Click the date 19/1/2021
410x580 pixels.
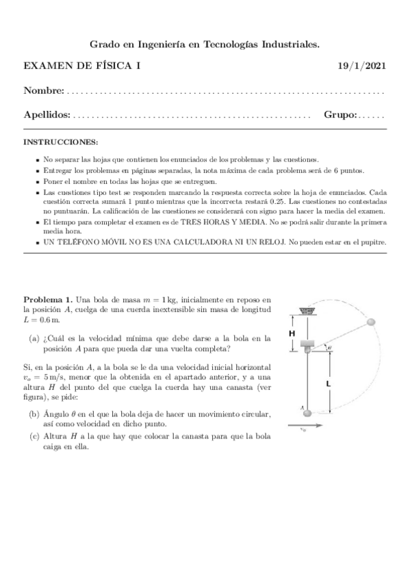[x=363, y=66]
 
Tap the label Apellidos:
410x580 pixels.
[x=47, y=116]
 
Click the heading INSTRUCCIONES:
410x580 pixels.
[x=61, y=142]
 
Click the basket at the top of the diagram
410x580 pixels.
[x=307, y=311]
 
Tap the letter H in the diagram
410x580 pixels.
[x=292, y=333]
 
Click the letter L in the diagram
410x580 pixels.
[x=329, y=384]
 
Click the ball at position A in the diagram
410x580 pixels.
[x=308, y=412]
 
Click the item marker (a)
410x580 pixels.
[x=34, y=339]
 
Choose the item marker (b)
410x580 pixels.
[x=34, y=415]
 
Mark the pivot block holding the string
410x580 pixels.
[x=308, y=345]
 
